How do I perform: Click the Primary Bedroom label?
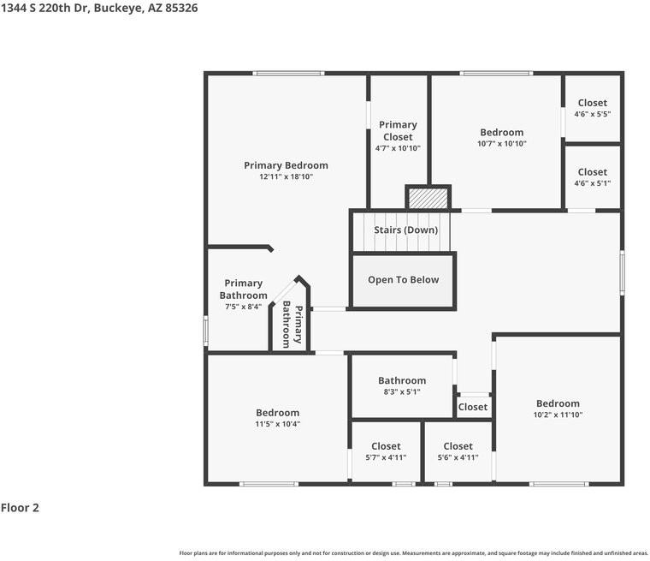[x=286, y=165]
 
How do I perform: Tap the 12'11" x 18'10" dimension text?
[x=286, y=176]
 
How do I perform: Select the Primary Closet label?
[x=398, y=131]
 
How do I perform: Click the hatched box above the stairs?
[x=428, y=199]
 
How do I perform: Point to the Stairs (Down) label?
[x=406, y=230]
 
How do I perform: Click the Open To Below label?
[x=404, y=279]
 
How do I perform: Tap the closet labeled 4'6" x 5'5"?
[x=593, y=108]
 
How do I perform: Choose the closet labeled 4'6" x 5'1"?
[x=593, y=177]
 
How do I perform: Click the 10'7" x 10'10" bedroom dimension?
[x=501, y=144]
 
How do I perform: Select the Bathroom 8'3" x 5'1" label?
[x=402, y=385]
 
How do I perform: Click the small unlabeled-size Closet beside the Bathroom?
[x=473, y=407]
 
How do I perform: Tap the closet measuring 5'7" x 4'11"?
[x=386, y=451]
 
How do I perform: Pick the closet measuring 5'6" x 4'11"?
[x=458, y=451]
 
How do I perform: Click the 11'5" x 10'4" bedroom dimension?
[x=277, y=424]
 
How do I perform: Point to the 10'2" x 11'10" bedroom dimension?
[x=558, y=415]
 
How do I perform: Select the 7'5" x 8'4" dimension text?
[x=243, y=307]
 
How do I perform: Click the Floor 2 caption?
[x=20, y=507]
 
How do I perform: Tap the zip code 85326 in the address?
[x=181, y=8]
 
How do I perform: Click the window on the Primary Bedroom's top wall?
[x=288, y=74]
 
